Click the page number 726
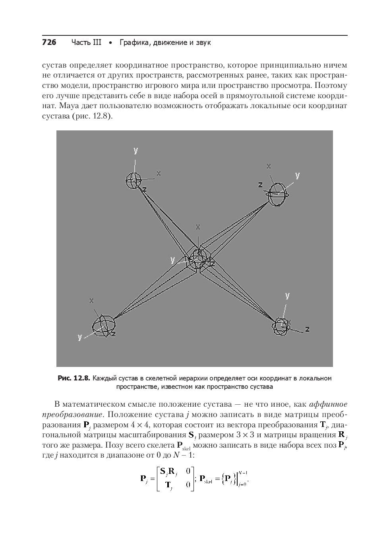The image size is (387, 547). pyautogui.click(x=49, y=42)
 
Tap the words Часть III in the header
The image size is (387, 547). pyautogui.click(x=86, y=42)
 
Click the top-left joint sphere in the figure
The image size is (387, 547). pyautogui.click(x=133, y=180)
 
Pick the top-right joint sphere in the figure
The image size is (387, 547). pyautogui.click(x=277, y=194)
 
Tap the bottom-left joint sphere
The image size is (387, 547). pyautogui.click(x=103, y=326)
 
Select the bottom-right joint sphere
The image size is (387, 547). pyautogui.click(x=281, y=326)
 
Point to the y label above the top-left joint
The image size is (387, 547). pyautogui.click(x=136, y=150)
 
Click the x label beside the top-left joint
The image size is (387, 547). pyautogui.click(x=159, y=173)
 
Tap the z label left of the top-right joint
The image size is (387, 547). pyautogui.click(x=260, y=184)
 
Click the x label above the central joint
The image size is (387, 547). pyautogui.click(x=198, y=227)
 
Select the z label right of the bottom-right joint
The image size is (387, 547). pyautogui.click(x=307, y=329)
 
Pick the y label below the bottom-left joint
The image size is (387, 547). pyautogui.click(x=80, y=337)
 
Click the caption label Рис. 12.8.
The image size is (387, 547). pyautogui.click(x=74, y=378)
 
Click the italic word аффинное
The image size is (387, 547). pyautogui.click(x=328, y=404)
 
